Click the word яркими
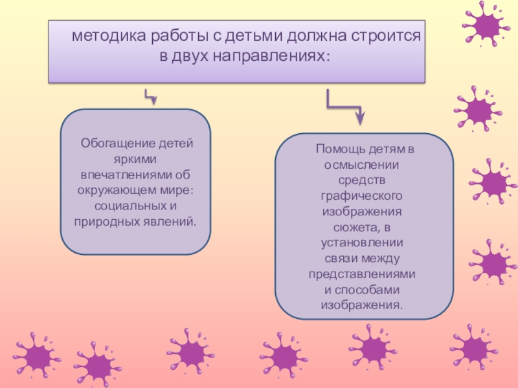[x=135, y=159]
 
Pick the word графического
[x=362, y=195]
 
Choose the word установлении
[x=362, y=242]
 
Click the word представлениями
[x=362, y=274]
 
